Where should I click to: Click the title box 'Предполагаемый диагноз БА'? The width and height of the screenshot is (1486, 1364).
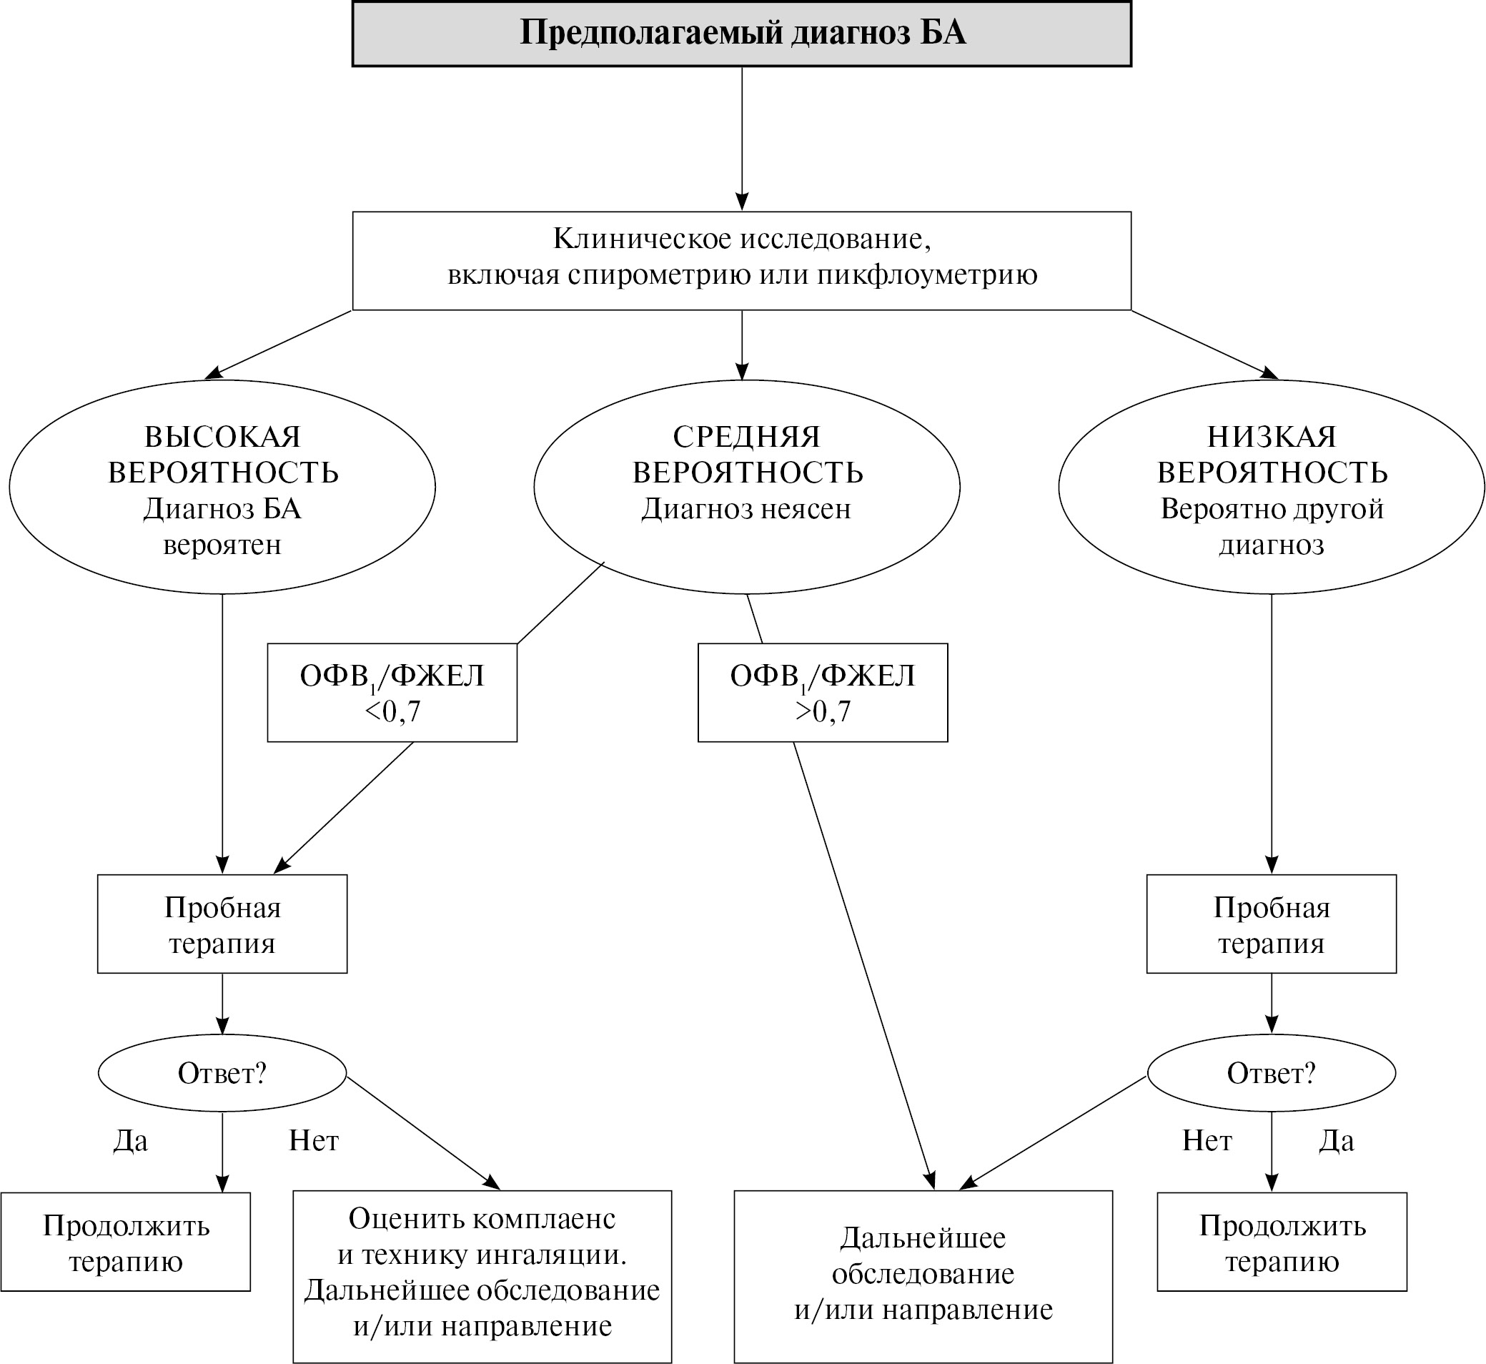[741, 34]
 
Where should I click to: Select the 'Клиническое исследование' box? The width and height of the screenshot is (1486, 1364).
[741, 260]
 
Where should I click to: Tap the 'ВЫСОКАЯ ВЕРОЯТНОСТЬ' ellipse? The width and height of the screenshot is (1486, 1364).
[222, 487]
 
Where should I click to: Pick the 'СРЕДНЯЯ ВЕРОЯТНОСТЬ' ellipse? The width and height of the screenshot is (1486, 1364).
[747, 487]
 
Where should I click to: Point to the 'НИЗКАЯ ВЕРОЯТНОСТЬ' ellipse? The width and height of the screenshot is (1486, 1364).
[1272, 487]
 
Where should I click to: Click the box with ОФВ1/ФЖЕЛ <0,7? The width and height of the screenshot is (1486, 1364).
[392, 692]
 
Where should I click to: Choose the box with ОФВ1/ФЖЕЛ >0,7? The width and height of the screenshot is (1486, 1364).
[823, 692]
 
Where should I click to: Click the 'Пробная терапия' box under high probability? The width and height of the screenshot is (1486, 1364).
[222, 924]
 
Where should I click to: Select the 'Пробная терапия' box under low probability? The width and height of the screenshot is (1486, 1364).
[1272, 924]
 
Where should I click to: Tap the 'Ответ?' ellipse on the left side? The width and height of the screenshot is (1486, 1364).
[222, 1073]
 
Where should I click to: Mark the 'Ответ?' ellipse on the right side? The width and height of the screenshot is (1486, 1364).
[1272, 1073]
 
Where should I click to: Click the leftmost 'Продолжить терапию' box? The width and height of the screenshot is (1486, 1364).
[125, 1242]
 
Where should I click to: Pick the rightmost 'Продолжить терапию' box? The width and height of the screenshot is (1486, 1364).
[1282, 1242]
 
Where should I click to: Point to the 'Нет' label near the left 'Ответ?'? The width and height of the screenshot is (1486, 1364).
[314, 1141]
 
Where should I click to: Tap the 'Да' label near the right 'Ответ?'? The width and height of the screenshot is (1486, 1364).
[1336, 1141]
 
